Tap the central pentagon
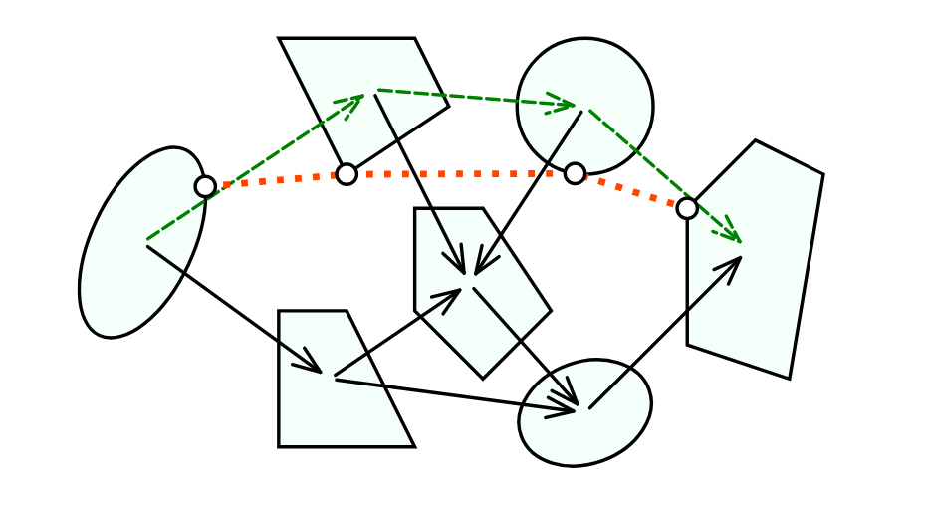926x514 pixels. click(498, 329)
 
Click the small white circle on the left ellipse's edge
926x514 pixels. click(205, 186)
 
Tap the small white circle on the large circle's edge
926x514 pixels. click(575, 173)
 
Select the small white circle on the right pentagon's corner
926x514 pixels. click(687, 208)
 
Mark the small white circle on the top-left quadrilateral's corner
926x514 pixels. click(347, 174)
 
